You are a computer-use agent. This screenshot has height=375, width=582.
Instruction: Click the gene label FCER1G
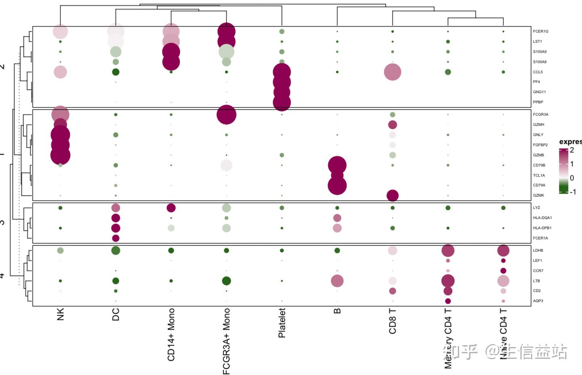[540, 32]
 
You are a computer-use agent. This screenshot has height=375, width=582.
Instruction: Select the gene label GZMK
[538, 196]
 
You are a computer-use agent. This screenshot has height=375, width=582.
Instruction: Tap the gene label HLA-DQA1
[542, 218]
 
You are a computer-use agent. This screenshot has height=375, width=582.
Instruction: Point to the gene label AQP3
[538, 301]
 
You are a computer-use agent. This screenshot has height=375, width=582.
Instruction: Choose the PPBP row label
[538, 102]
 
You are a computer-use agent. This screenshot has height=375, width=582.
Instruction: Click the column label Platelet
[282, 323]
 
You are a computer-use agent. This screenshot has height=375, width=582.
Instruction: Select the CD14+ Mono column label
[171, 335]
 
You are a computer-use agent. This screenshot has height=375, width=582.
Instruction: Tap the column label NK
[61, 314]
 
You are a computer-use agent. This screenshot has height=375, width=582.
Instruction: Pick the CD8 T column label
[392, 321]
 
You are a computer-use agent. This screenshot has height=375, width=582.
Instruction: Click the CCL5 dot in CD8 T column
[392, 72]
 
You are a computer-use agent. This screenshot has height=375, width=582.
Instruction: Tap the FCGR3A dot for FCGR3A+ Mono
[226, 115]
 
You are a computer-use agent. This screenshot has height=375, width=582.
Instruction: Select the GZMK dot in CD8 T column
[392, 196]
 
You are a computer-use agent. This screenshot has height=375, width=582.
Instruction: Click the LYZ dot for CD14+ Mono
[171, 208]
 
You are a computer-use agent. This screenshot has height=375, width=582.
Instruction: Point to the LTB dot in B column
[337, 281]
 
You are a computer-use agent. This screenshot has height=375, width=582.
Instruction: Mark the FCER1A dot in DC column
[116, 238]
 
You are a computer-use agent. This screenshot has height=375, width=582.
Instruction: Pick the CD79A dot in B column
[337, 185]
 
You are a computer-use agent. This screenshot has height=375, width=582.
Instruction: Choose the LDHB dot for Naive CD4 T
[503, 251]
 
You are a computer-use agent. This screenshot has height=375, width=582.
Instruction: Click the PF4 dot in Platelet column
[282, 82]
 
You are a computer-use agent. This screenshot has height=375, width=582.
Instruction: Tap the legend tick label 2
[572, 150]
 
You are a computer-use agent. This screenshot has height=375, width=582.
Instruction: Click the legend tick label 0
[572, 178]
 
